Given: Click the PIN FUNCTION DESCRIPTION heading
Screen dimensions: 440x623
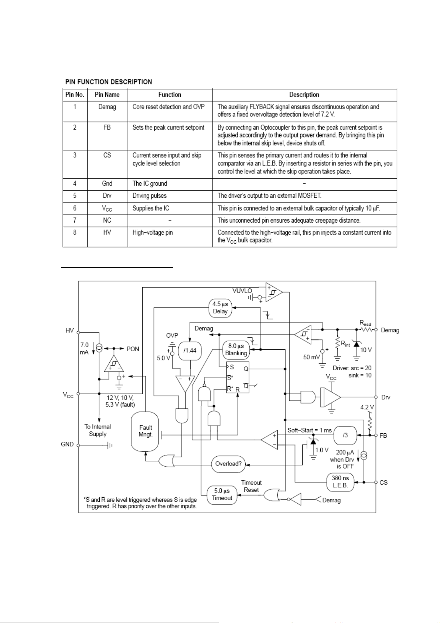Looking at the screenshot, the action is pos(109,82).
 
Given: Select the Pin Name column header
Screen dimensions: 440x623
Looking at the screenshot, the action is pos(107,95).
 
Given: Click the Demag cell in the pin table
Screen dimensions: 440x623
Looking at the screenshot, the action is pos(107,107).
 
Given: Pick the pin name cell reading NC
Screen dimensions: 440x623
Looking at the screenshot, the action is pos(107,220).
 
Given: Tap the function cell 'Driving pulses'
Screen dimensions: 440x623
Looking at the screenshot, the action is pos(150,196).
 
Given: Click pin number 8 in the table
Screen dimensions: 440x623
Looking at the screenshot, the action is pos(75,232).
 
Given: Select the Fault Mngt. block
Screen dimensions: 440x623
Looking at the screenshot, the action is pos(145,431).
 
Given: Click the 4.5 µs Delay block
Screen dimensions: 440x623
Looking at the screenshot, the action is pos(220,308).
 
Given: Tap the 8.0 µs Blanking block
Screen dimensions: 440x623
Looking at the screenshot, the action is pos(236,350).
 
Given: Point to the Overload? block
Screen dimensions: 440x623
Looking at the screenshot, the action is pos(228,464).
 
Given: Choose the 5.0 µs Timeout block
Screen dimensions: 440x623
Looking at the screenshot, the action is pos(222,495).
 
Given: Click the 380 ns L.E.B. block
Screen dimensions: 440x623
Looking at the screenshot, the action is pos(340,482).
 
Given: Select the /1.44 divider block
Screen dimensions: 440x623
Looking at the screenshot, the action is pos(190,351).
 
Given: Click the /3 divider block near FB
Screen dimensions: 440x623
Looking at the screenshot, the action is pos(345,435).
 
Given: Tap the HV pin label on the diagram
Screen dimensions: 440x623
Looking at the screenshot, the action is pos(69,331).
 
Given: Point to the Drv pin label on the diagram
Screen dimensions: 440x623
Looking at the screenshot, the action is pos(386,397).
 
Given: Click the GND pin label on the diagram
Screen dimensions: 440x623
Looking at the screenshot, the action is pos(67,444).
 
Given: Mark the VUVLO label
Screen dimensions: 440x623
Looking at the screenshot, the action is pos(242,291).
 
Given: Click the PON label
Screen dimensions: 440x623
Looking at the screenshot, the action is pos(133,349).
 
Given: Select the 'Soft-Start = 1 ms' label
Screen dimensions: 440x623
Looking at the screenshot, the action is pos(309,430).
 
